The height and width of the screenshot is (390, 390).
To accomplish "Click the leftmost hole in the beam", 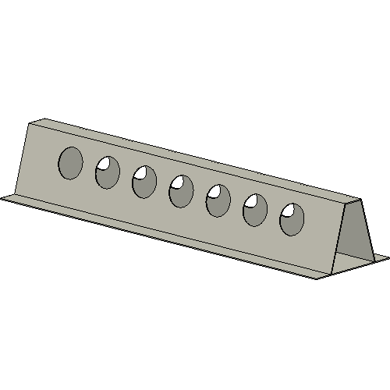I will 70,162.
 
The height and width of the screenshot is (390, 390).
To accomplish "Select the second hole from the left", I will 108,172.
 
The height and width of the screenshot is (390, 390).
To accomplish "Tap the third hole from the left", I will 144,182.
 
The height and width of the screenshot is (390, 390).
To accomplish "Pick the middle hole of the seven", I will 181,191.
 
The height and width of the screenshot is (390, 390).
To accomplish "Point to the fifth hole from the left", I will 218,200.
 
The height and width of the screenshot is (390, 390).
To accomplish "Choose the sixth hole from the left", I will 255,211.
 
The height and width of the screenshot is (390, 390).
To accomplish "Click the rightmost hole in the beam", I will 292,220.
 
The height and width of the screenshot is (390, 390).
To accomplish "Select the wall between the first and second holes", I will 89,168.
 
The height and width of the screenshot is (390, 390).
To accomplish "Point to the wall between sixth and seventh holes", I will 274,215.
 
